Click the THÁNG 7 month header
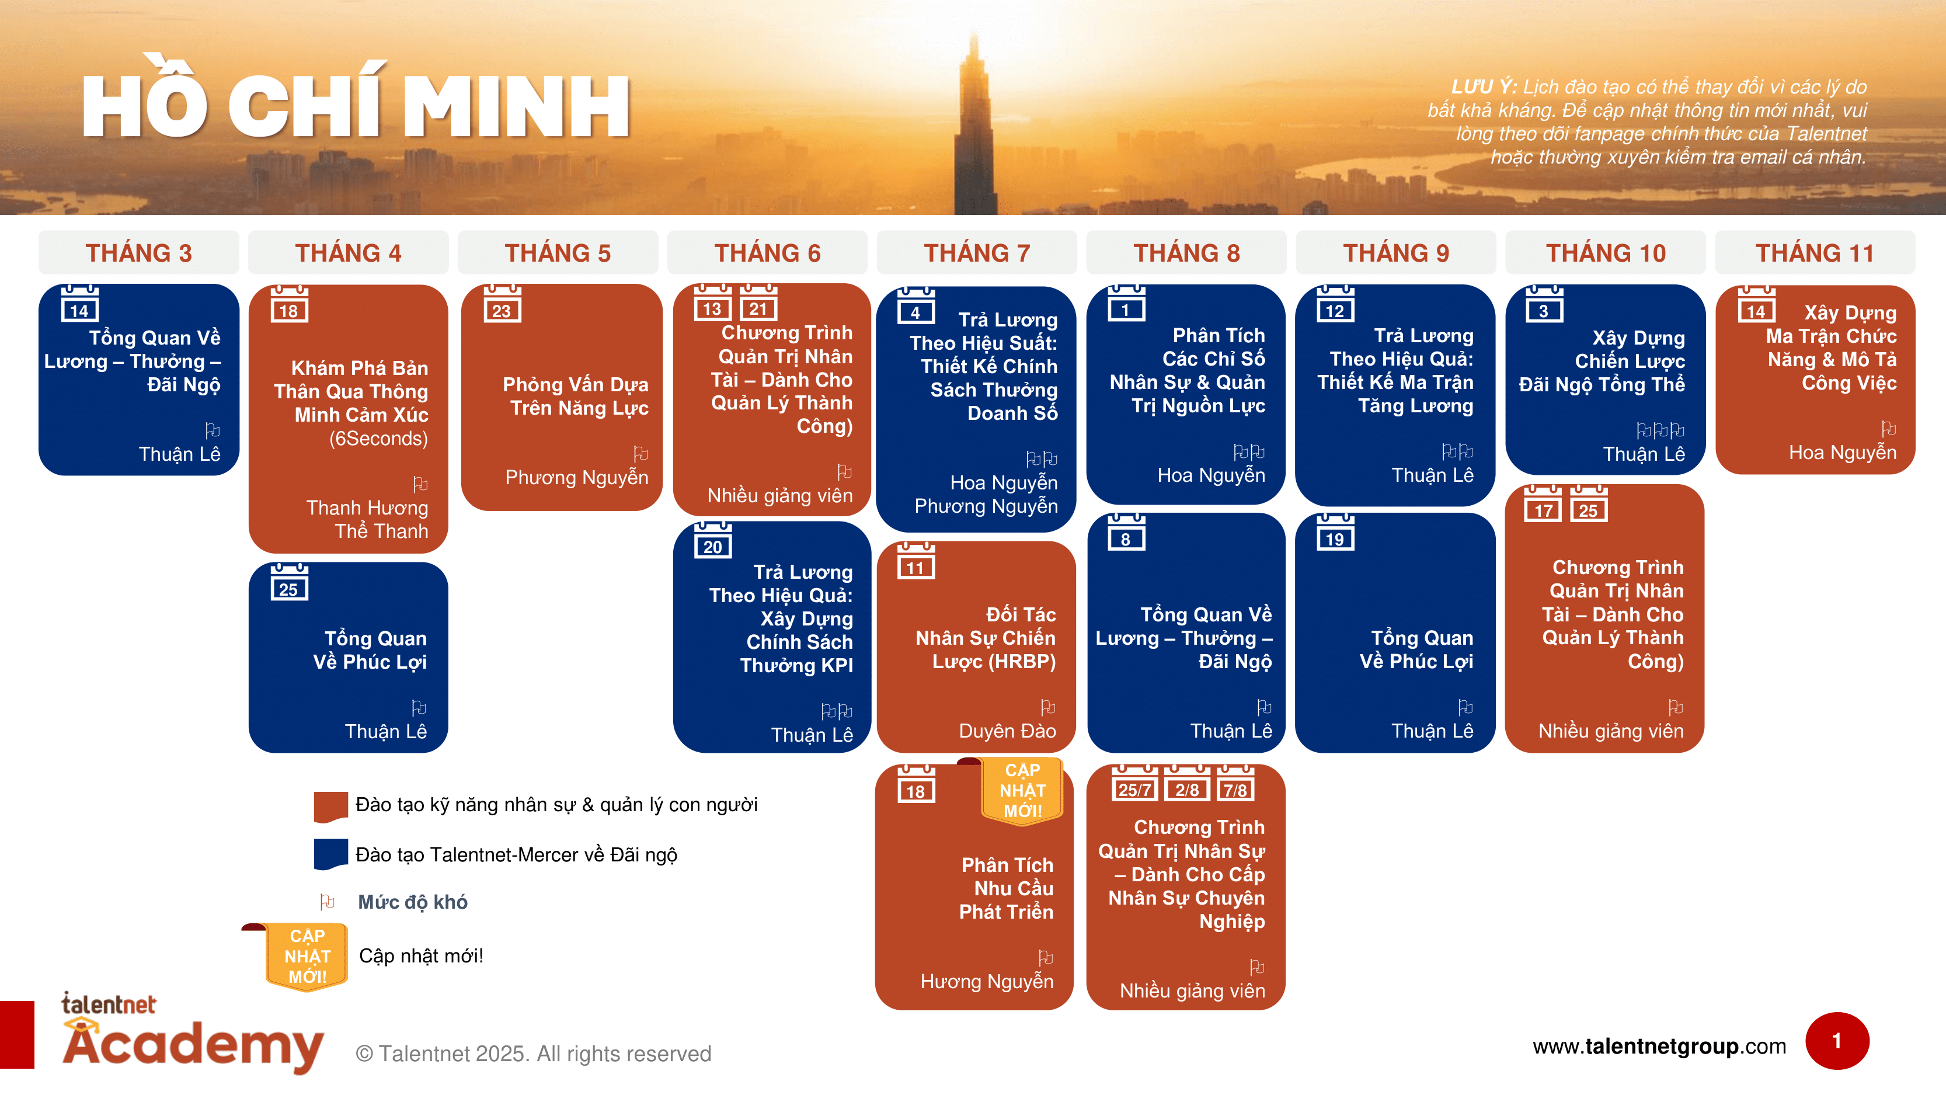[977, 252]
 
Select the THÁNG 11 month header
[1815, 252]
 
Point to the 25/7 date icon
[1134, 784]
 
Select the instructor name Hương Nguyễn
[987, 981]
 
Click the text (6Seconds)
[378, 439]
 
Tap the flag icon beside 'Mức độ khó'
[327, 902]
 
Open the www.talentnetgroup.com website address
[1659, 1046]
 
